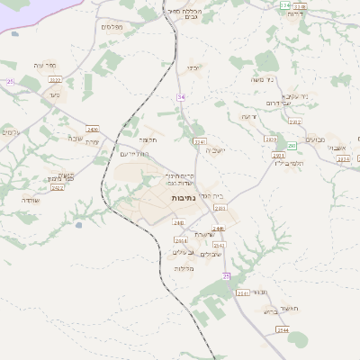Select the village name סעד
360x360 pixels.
(x=53, y=93)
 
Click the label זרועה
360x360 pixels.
(x=249, y=116)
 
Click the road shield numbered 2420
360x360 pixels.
(x=93, y=130)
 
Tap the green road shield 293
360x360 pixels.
(x=291, y=146)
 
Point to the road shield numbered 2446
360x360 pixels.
(x=218, y=229)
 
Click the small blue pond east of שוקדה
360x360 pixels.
(x=78, y=224)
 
